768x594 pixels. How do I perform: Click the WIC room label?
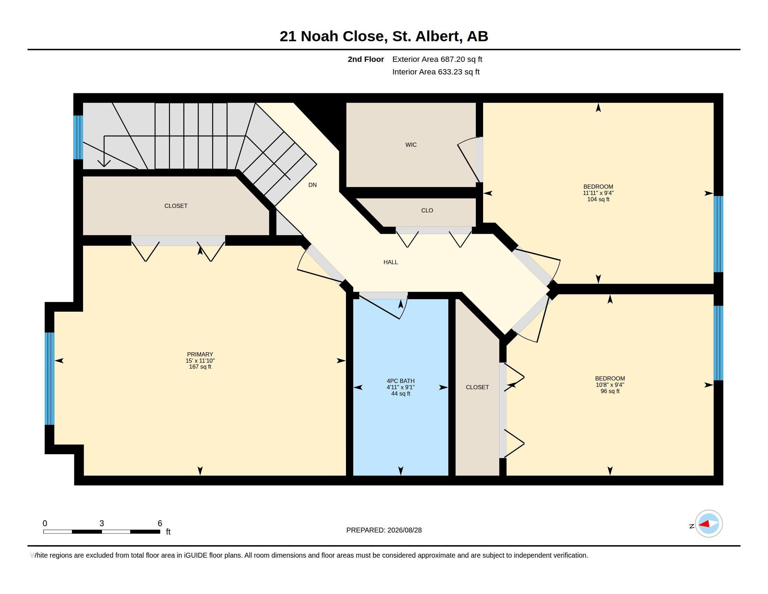(x=411, y=145)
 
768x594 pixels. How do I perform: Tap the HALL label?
(x=390, y=262)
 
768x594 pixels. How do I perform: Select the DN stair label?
(x=312, y=185)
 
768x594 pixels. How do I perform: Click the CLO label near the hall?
(x=427, y=210)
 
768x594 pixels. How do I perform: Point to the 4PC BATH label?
(x=400, y=381)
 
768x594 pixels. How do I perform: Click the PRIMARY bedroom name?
(x=200, y=354)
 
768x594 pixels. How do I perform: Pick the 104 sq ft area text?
(x=598, y=199)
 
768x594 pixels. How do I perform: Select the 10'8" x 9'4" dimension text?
(x=610, y=385)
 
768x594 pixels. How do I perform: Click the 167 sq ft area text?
(x=200, y=367)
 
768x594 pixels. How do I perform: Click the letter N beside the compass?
(x=692, y=526)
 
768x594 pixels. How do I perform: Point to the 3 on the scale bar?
(x=102, y=523)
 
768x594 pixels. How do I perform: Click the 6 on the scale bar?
(x=160, y=523)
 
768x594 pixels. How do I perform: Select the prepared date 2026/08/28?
(x=404, y=530)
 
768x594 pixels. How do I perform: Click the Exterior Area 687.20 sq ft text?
(x=437, y=59)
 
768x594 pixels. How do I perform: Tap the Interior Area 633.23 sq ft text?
(x=436, y=72)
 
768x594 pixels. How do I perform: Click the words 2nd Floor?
(x=366, y=59)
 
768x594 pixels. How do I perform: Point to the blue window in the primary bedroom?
(x=50, y=379)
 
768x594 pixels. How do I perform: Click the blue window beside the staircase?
(x=78, y=137)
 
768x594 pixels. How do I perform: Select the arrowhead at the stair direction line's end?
(x=104, y=163)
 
